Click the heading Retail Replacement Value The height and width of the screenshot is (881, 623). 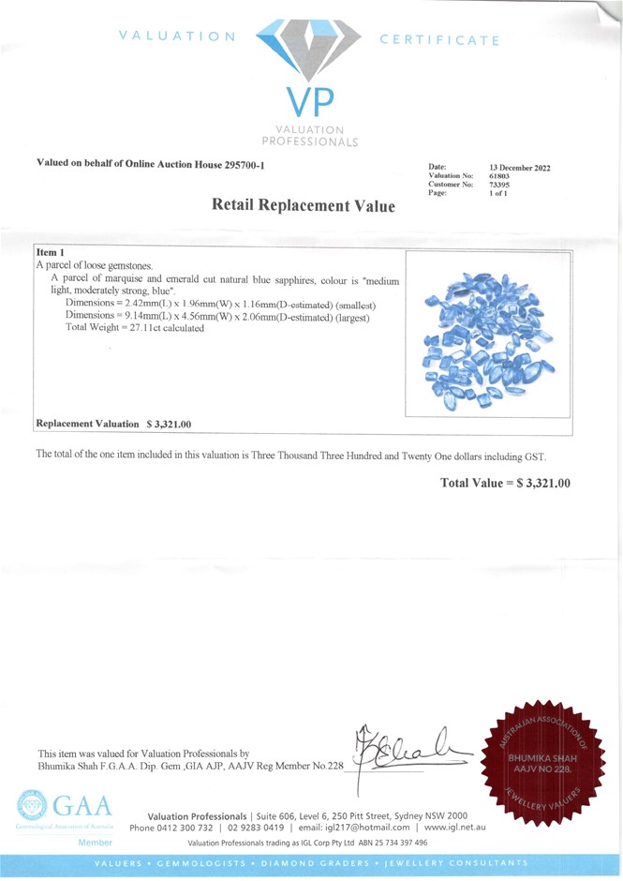tap(304, 204)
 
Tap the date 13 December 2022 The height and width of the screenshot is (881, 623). tap(520, 168)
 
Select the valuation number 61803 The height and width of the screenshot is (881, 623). tap(501, 176)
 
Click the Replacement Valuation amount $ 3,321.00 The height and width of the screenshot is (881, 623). tap(169, 425)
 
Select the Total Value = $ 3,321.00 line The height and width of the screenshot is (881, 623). tap(505, 483)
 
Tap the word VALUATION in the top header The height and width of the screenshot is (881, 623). tap(178, 37)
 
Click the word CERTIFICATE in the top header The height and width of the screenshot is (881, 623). tap(439, 40)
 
